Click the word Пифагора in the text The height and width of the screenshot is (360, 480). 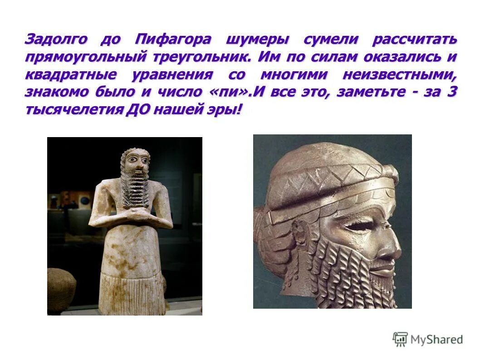(x=173, y=39)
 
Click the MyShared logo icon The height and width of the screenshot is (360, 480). (x=400, y=339)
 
